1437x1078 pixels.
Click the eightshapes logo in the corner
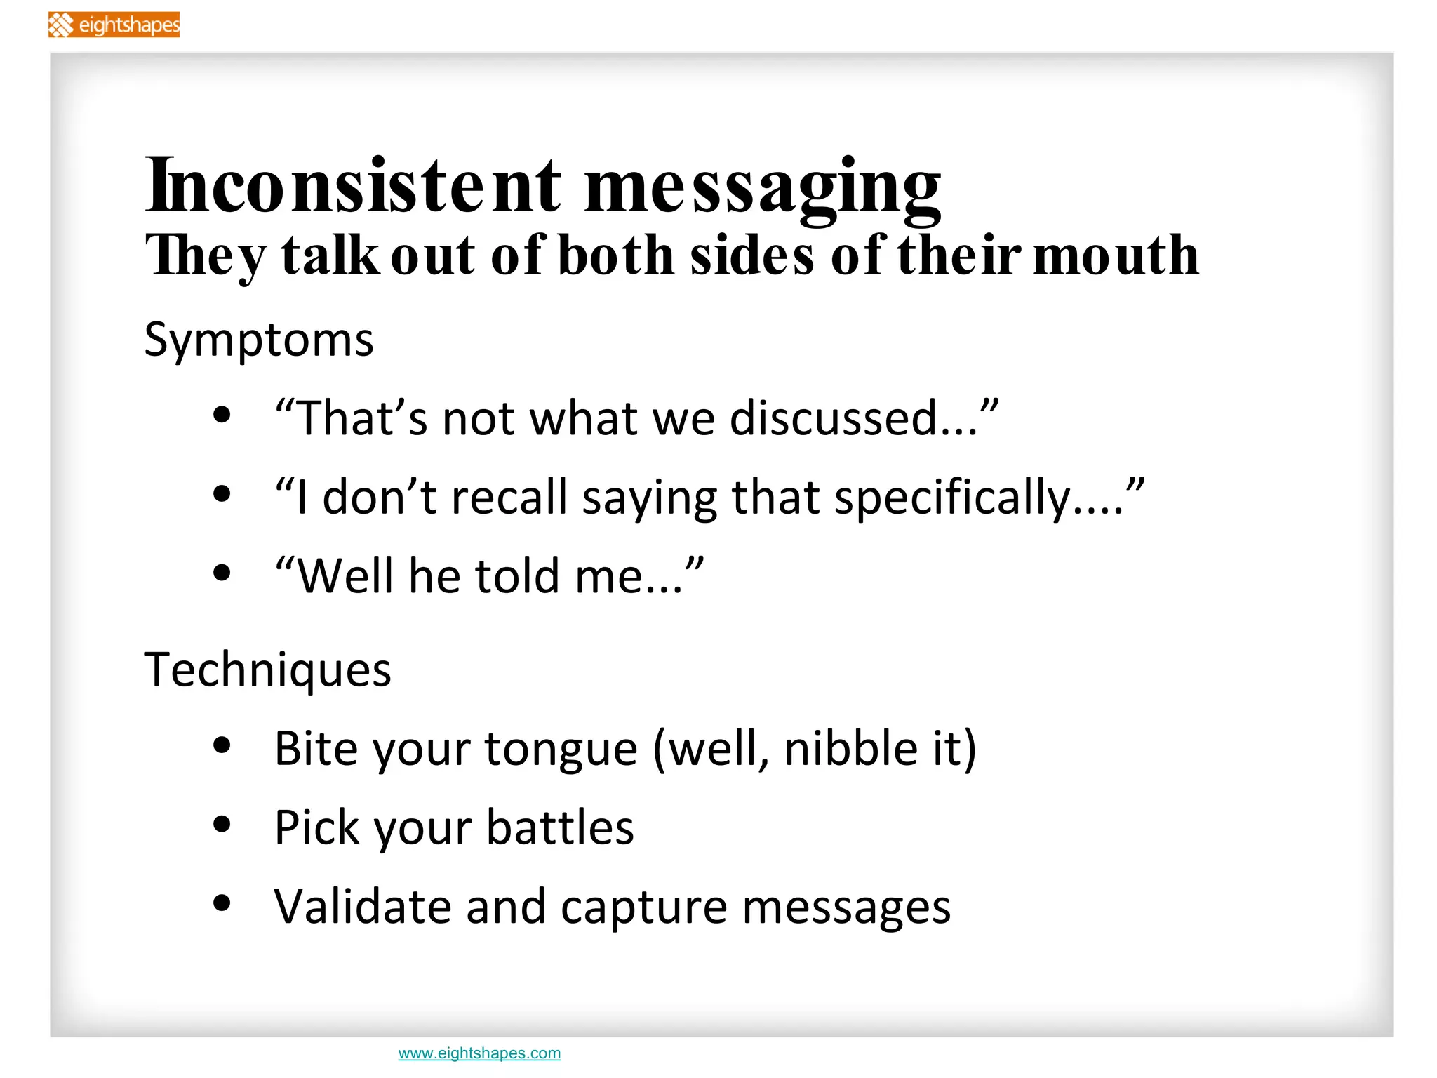(114, 25)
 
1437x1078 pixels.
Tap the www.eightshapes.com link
(479, 1053)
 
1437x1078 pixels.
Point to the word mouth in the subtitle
(1116, 255)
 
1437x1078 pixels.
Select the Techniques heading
(267, 670)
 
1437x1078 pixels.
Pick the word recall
(509, 498)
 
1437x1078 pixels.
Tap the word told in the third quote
(518, 576)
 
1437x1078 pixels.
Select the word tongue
(561, 750)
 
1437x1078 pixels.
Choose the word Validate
(362, 906)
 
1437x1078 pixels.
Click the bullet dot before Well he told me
(222, 573)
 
